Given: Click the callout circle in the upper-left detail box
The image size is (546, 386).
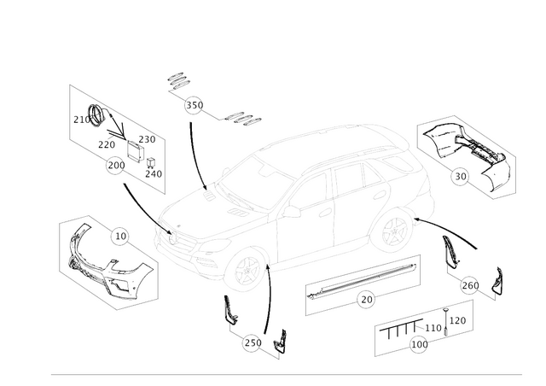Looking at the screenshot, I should click(112, 167).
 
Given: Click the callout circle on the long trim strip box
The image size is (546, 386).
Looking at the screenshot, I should click(368, 298).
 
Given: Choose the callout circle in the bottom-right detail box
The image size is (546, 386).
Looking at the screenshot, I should click(416, 345).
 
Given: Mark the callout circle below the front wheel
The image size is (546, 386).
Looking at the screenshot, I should click(250, 343).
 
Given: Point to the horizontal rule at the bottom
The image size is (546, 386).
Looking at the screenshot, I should click(290, 374).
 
